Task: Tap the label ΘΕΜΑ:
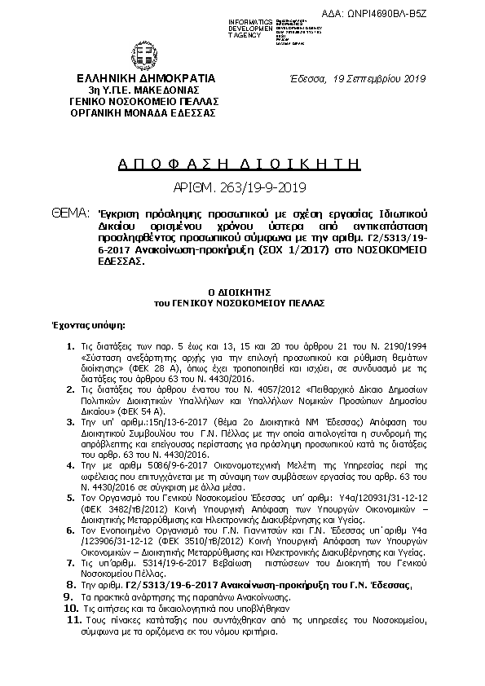[69, 213]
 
